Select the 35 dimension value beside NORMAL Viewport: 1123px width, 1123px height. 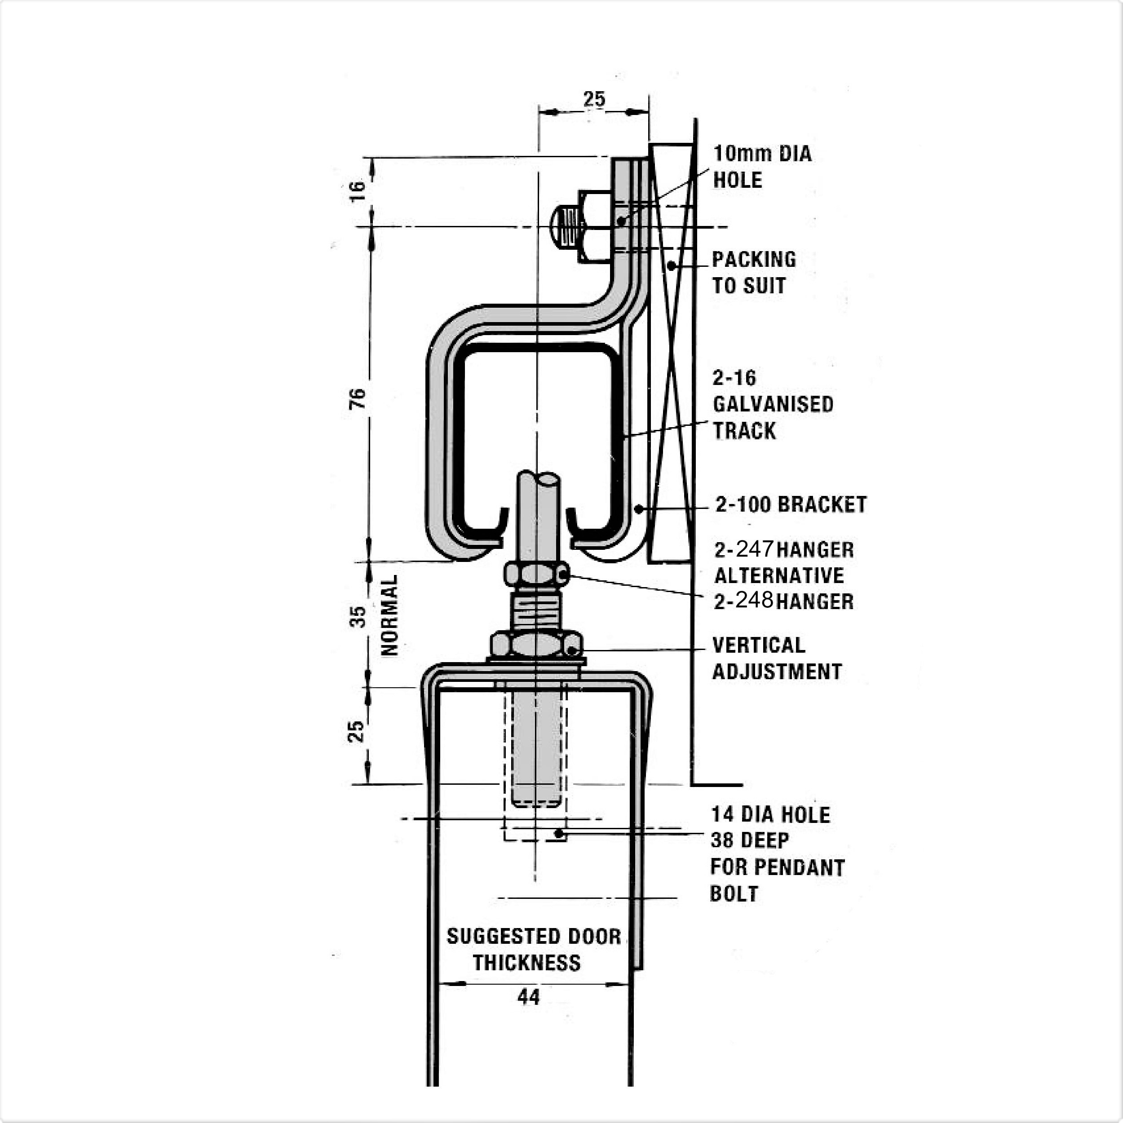pyautogui.click(x=358, y=617)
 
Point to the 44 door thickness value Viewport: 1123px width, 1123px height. pyautogui.click(x=528, y=997)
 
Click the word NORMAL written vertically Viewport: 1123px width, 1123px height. pyautogui.click(x=389, y=615)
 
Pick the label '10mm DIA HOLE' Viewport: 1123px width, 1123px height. pyautogui.click(x=762, y=167)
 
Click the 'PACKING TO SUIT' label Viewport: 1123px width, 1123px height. pyautogui.click(x=754, y=272)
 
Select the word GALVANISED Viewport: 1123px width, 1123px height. pyautogui.click(x=773, y=404)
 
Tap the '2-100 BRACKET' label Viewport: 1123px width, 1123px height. pyautogui.click(x=791, y=504)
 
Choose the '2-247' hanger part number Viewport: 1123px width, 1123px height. pyautogui.click(x=744, y=549)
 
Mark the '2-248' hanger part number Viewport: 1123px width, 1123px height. pyautogui.click(x=744, y=601)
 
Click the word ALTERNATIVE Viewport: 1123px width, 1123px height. pyautogui.click(x=779, y=575)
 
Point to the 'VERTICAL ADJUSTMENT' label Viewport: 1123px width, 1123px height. pyautogui.click(x=777, y=659)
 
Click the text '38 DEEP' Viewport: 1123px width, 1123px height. pyautogui.click(x=750, y=840)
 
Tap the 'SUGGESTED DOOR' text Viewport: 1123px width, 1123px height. pyautogui.click(x=534, y=937)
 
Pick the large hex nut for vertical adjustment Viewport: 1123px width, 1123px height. pyautogui.click(x=536, y=644)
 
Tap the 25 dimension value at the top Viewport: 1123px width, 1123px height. pyautogui.click(x=594, y=99)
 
